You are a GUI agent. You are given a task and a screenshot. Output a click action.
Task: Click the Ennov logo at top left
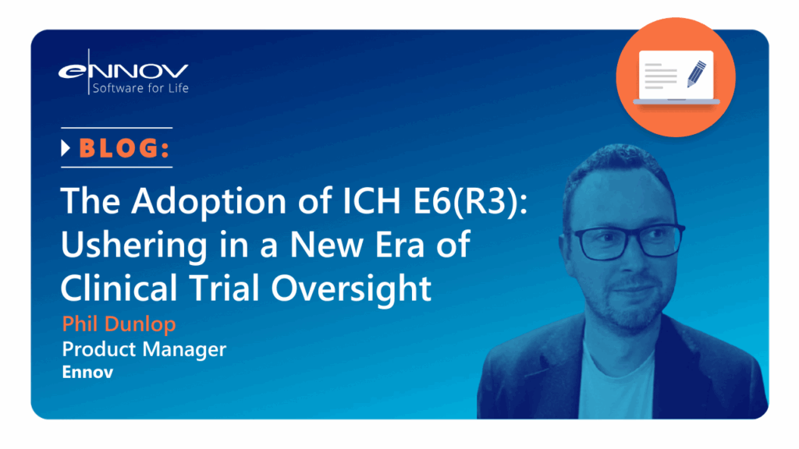tap(123, 72)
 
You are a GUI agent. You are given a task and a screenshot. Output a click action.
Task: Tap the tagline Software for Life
tap(140, 88)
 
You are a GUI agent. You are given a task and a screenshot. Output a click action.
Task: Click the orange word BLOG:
tap(124, 148)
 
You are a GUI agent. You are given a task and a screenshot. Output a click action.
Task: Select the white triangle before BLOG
tap(66, 148)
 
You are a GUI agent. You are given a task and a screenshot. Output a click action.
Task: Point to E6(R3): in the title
tap(470, 200)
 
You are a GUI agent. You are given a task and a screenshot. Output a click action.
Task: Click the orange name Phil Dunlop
tap(119, 323)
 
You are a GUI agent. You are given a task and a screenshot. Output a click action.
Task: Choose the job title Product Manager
tap(144, 349)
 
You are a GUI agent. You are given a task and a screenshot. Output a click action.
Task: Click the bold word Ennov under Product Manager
tap(87, 372)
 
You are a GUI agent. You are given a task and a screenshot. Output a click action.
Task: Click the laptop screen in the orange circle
tap(676, 75)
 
